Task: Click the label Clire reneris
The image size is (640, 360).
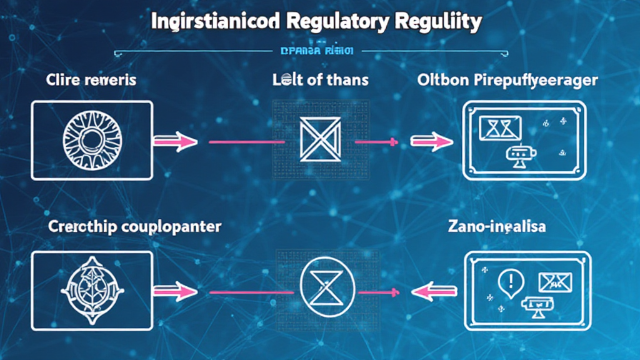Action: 91,80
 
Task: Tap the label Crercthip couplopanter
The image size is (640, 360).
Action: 134,226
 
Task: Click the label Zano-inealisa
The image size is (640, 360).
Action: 497,226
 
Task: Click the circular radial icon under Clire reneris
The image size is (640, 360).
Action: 91,140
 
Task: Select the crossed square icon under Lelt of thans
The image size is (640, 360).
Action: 320,140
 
